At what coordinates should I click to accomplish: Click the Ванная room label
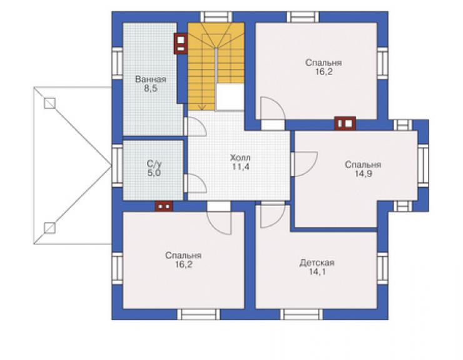(150, 80)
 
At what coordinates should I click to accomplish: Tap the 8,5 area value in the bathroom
(151, 88)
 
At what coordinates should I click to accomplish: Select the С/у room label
(154, 163)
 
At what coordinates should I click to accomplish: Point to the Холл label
(240, 158)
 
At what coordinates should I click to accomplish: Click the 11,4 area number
(240, 167)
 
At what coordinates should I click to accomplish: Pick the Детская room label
(317, 262)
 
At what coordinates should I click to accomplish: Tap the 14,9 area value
(363, 174)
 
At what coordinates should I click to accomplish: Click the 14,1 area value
(317, 272)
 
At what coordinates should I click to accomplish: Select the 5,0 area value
(154, 173)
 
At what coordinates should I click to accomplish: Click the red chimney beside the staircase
(181, 43)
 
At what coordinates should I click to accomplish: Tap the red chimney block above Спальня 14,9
(345, 123)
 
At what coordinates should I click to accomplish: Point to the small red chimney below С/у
(164, 206)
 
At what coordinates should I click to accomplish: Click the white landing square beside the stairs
(230, 97)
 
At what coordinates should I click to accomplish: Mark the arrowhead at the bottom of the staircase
(202, 108)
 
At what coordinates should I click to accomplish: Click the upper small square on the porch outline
(49, 103)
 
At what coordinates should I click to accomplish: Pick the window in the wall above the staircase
(216, 17)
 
